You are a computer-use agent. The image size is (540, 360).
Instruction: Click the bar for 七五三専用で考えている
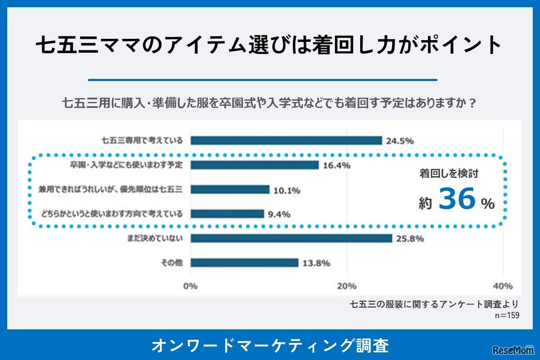286,141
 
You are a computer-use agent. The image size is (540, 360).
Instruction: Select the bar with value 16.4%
254,165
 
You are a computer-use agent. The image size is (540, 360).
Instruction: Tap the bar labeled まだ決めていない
291,238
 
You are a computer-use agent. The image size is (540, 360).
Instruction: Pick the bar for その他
244,263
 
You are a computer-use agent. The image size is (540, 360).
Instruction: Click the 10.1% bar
230,189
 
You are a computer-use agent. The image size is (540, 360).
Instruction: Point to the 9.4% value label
279,214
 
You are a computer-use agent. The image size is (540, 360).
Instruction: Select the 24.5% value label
400,141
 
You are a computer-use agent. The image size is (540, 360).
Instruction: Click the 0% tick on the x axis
191,286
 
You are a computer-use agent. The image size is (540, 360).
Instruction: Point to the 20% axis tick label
347,286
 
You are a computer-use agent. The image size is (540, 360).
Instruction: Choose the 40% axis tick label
503,286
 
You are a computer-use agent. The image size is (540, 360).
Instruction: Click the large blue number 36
457,200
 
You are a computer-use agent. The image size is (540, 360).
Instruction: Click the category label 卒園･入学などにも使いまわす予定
126,165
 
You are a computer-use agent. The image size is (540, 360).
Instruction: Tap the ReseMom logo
513,350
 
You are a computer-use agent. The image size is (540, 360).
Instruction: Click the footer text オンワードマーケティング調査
270,345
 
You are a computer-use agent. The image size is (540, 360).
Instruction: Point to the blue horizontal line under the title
263,80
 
